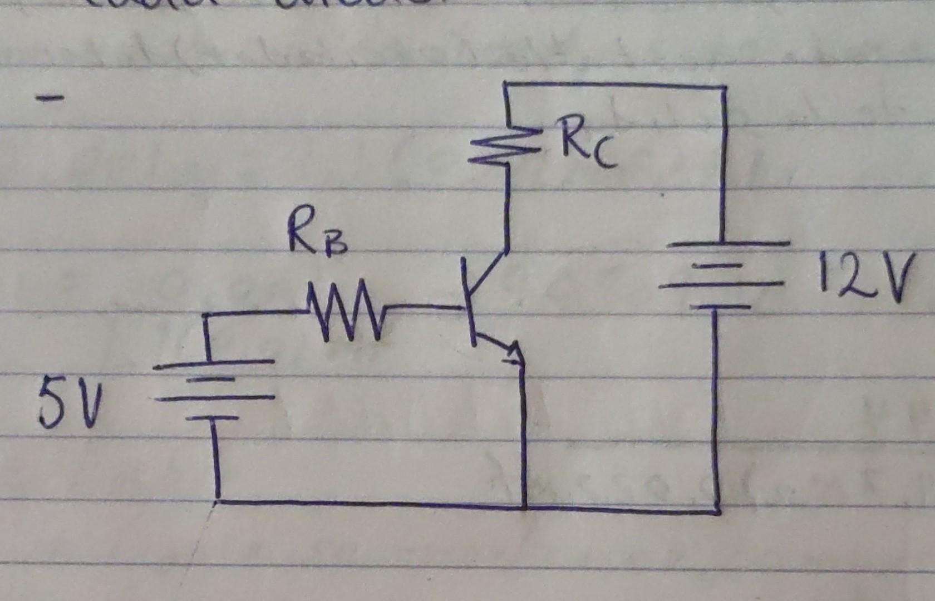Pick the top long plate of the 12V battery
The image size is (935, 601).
tap(728, 244)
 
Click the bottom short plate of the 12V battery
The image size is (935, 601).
tap(714, 307)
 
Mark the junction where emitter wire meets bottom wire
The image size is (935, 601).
tap(525, 507)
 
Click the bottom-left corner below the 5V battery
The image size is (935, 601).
tap(218, 499)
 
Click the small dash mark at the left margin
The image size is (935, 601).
tap(50, 100)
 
